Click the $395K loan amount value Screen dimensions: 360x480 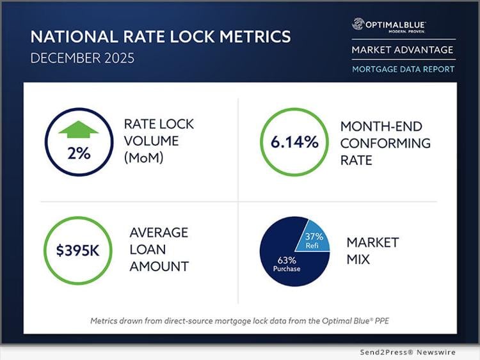[77, 250]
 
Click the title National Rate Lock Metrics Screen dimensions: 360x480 [160, 36]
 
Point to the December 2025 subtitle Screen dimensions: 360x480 [83, 58]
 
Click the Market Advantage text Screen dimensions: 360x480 [403, 49]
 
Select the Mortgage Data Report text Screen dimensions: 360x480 [403, 68]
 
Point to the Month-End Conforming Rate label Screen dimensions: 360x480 [385, 143]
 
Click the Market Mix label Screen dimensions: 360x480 [372, 250]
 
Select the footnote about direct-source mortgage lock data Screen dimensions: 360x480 [240, 320]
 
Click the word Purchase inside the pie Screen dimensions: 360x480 [285, 269]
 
